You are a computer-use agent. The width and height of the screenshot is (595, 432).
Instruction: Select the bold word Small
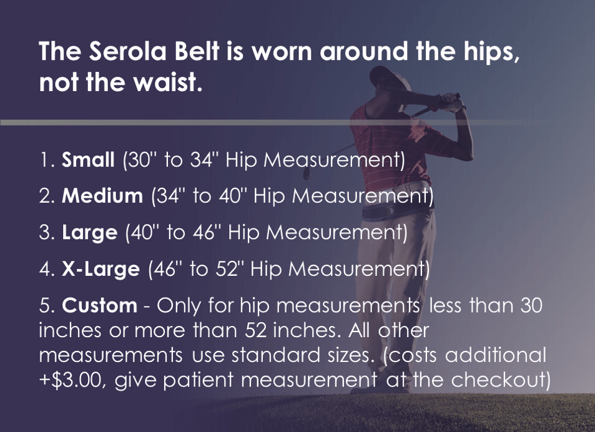coord(88,160)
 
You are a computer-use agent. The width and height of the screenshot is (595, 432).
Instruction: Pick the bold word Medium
coord(102,197)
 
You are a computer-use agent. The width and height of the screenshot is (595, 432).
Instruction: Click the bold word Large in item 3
coord(89,233)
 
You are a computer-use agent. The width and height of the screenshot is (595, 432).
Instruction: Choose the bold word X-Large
coord(101,269)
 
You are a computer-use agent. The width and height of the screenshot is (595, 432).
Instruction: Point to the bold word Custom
coord(99,305)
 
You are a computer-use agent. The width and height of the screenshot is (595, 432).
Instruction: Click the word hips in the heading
coord(488,52)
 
